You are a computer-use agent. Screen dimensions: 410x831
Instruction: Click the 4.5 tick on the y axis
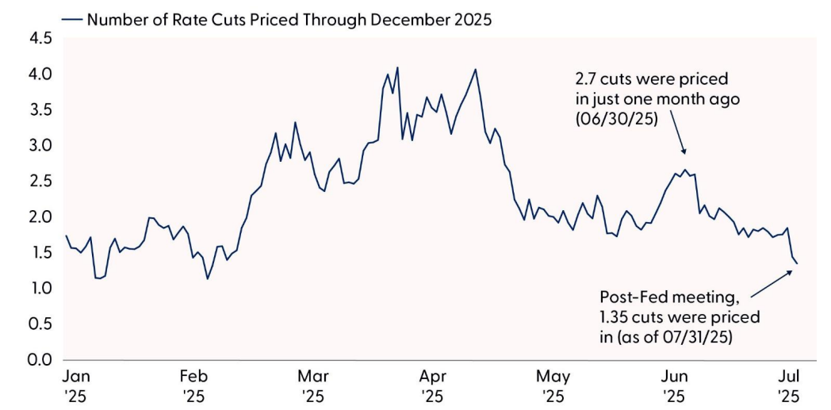(40, 38)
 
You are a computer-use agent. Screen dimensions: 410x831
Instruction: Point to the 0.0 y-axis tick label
(40, 359)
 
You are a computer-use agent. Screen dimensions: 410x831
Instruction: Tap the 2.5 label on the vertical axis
(40, 181)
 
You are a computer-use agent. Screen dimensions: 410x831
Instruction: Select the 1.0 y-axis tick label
(40, 288)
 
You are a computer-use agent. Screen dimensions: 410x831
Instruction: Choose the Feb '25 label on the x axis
(193, 384)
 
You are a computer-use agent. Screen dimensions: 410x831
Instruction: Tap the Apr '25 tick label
(432, 384)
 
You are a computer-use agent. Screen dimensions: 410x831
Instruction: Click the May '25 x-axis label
(553, 384)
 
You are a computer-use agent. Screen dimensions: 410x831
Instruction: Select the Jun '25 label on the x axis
(672, 384)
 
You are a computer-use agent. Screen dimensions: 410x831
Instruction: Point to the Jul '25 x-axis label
(788, 384)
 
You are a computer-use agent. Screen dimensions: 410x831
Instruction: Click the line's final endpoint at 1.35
(797, 264)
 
